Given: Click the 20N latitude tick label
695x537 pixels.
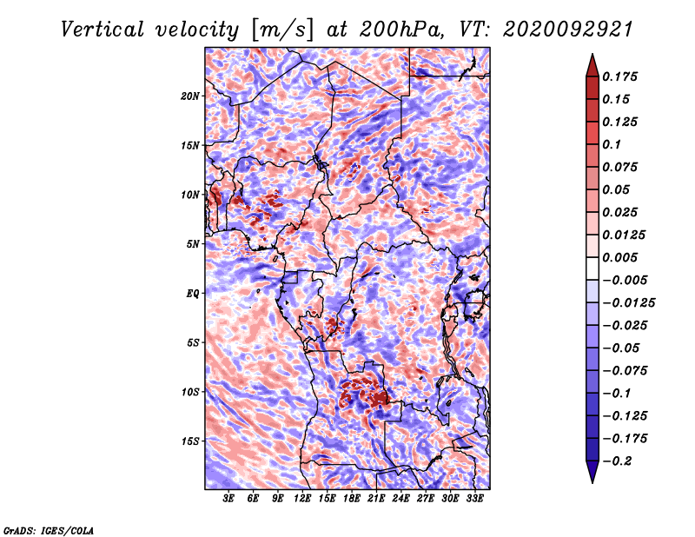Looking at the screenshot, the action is click(190, 96).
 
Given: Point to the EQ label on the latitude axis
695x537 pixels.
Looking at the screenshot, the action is click(193, 294).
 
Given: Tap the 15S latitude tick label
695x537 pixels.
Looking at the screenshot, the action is click(190, 441).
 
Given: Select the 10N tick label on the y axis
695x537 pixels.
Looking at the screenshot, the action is click(190, 195).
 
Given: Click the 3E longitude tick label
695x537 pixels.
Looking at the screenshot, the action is click(228, 499).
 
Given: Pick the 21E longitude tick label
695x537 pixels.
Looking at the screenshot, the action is click(376, 499).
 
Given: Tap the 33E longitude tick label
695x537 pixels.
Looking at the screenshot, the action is click(474, 499).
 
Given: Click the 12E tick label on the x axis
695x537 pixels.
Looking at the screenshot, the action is click(302, 499).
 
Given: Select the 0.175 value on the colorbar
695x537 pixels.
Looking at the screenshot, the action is click(620, 76).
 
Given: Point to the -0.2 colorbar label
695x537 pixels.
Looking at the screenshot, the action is click(617, 461).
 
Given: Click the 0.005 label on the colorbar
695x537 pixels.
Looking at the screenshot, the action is click(620, 257).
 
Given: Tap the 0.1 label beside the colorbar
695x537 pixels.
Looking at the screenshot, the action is click(612, 144).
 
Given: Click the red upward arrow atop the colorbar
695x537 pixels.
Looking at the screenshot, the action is click(592, 65).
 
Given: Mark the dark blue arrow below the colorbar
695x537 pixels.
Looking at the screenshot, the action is click(592, 472).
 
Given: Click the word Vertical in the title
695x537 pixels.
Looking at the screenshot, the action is click(103, 30).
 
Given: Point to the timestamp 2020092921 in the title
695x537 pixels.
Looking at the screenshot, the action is click(568, 30).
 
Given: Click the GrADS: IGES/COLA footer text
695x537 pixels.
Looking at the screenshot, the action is click(49, 531).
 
